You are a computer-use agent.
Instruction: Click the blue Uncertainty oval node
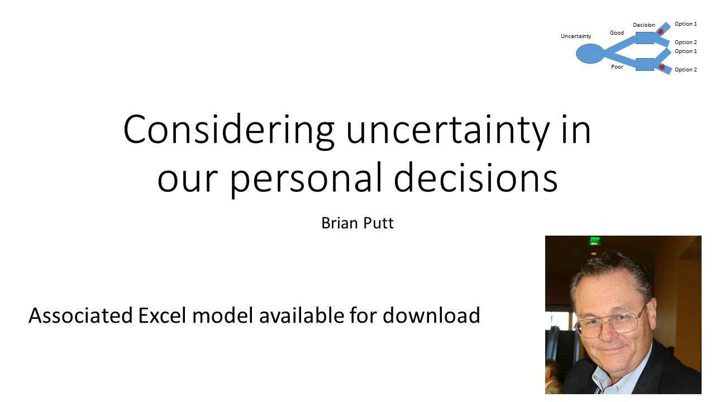coord(590,54)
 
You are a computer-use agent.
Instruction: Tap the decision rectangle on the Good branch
coord(645,38)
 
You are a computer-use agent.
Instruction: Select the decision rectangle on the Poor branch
coord(645,64)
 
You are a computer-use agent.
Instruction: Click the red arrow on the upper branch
coord(661,32)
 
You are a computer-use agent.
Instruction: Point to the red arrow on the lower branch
coord(662,68)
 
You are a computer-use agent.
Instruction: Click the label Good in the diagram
coord(617,33)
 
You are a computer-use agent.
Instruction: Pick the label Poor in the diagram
coord(617,67)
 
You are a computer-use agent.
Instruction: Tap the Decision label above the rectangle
coord(644,25)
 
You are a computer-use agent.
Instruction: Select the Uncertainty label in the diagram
coord(576,36)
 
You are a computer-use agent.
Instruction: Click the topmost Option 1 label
coord(685,24)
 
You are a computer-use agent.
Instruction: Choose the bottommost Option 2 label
coord(685,70)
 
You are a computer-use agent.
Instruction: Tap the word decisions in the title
coord(476,178)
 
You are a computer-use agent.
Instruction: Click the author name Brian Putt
coord(357,223)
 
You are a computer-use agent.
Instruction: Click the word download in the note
coord(431,315)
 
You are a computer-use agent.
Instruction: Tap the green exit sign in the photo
coord(594,241)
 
